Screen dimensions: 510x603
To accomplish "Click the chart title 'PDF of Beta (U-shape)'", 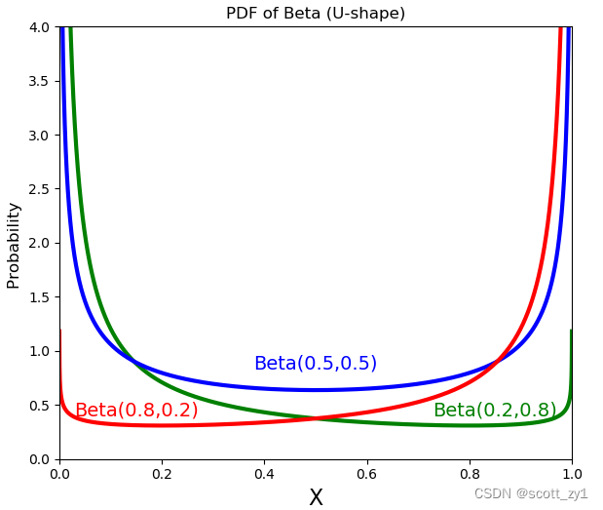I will [x=316, y=14].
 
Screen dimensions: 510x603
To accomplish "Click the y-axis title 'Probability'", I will [x=14, y=245].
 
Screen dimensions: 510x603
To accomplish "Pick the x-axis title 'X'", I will [x=316, y=497].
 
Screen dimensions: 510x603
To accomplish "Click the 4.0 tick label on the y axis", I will [x=39, y=27].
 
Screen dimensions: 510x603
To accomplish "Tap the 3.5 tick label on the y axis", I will [x=39, y=81].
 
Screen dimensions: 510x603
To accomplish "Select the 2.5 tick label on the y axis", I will [x=39, y=189].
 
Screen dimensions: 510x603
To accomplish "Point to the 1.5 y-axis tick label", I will [x=39, y=297].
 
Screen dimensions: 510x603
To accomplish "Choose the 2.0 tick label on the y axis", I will [x=39, y=243].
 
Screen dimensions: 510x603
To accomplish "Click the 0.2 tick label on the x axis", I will [x=162, y=474].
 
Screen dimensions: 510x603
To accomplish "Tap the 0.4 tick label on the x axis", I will [x=264, y=474].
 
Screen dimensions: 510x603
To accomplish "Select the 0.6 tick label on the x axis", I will [x=367, y=474].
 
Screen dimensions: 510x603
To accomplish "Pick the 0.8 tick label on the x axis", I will [x=470, y=474].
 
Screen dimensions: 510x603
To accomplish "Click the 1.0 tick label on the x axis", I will [x=572, y=474].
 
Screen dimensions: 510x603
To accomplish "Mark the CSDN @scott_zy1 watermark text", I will [x=531, y=494].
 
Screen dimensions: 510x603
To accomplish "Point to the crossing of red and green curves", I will [x=316, y=418].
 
